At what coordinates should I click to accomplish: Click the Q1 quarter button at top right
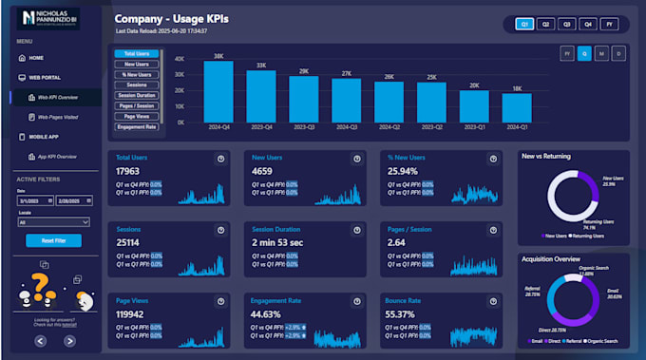[x=523, y=23]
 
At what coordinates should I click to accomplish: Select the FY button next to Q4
[x=609, y=23]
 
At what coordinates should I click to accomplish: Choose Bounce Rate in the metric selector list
[x=137, y=135]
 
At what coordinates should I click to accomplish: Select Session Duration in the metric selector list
[x=137, y=96]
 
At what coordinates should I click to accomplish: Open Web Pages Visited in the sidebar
[x=56, y=116]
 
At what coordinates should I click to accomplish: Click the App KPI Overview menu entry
[x=56, y=156]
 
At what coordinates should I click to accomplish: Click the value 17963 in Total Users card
[x=128, y=172]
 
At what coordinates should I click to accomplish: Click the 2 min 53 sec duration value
[x=277, y=242]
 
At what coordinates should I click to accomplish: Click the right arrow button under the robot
[x=69, y=340]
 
